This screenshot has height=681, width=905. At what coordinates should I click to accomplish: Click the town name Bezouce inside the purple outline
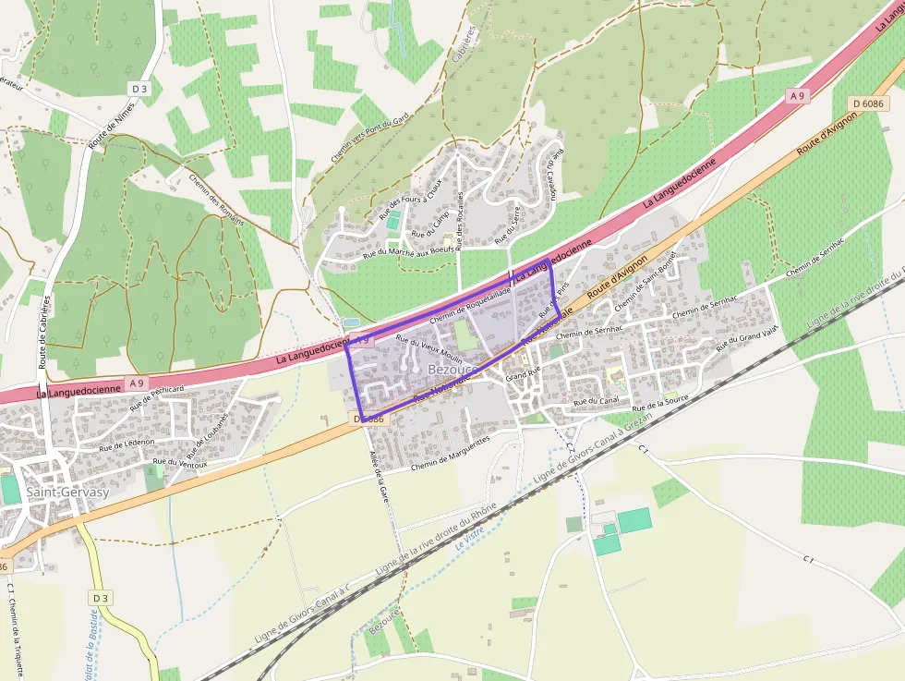pos(452,370)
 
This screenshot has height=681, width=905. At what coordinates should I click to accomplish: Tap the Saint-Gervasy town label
pos(67,492)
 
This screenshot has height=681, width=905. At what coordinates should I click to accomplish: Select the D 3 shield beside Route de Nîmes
pos(139,88)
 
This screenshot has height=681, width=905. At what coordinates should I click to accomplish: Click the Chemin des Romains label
pos(216,200)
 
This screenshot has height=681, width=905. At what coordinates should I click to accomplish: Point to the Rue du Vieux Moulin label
pos(428,349)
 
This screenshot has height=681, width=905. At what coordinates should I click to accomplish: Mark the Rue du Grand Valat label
pos(748,337)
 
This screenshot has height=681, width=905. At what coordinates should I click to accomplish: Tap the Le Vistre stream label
pos(471,538)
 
